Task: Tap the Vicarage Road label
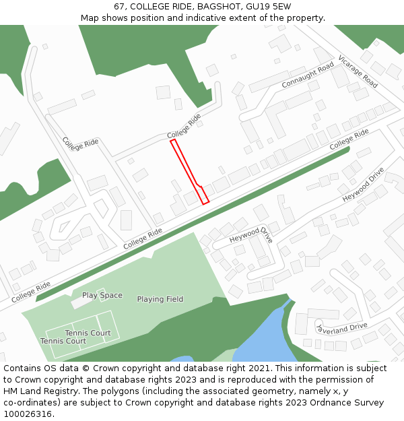point(358,71)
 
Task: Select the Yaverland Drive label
point(342,327)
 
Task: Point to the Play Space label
point(102,295)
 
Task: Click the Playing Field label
point(160,299)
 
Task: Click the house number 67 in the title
point(120,6)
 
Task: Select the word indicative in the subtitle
point(217,18)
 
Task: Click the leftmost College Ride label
point(31,291)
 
